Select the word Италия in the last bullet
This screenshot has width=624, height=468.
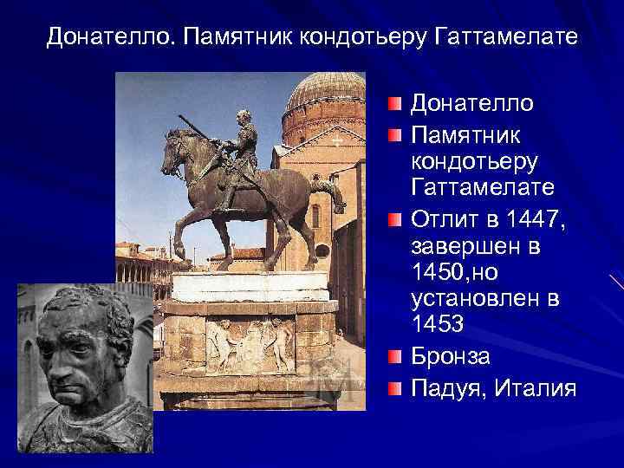(535, 388)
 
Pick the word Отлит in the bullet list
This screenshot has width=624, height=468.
(441, 218)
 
